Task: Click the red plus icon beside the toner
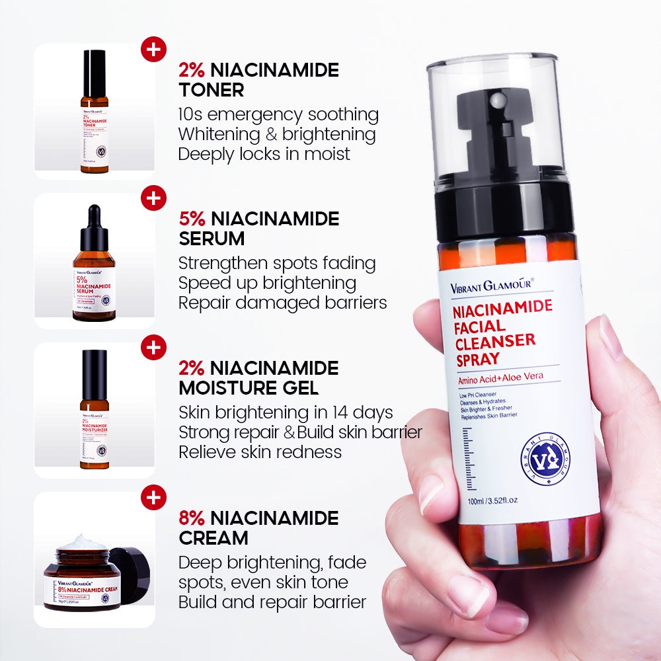tap(153, 50)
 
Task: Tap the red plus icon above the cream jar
tap(153, 497)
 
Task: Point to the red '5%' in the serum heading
tap(192, 219)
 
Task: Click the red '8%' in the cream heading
tap(192, 518)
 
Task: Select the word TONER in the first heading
tap(211, 90)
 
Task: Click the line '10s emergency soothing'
tap(278, 114)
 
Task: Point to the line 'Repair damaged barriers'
tap(282, 302)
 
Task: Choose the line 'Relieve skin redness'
tap(260, 451)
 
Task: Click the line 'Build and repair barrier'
tap(272, 602)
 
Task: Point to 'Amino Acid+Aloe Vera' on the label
tap(500, 379)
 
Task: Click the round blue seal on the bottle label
tap(545, 459)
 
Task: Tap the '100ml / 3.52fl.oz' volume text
tap(492, 500)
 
